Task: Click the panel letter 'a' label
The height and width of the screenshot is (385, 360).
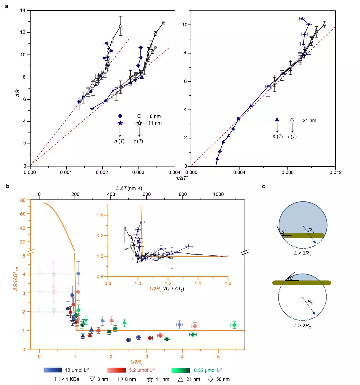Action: pyautogui.click(x=7, y=6)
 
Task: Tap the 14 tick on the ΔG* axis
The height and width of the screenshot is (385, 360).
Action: pyautogui.click(x=23, y=10)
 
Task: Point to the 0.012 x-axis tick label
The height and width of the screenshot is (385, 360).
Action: pyautogui.click(x=335, y=172)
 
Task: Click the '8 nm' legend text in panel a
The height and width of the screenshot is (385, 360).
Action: pyautogui.click(x=155, y=116)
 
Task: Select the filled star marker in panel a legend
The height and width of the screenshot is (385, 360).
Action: pyautogui.click(x=120, y=123)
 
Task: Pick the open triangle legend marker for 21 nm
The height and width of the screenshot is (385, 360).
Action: pyautogui.click(x=292, y=120)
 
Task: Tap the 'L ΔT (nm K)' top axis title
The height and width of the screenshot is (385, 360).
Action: pyautogui.click(x=129, y=188)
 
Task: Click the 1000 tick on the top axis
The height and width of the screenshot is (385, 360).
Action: pyautogui.click(x=218, y=194)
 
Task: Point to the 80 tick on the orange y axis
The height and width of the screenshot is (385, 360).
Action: pyautogui.click(x=23, y=200)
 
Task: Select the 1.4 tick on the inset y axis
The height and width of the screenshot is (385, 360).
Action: pyautogui.click(x=100, y=215)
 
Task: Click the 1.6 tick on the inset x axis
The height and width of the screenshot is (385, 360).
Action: pyautogui.click(x=228, y=283)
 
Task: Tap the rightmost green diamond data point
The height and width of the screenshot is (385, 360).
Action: pyautogui.click(x=234, y=325)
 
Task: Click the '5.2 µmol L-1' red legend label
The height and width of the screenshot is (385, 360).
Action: pyautogui.click(x=142, y=370)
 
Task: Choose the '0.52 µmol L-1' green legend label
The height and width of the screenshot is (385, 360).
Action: pyautogui.click(x=208, y=370)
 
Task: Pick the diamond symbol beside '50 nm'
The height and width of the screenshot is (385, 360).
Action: pyautogui.click(x=210, y=379)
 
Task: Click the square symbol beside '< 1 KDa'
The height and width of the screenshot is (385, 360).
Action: pyautogui.click(x=57, y=379)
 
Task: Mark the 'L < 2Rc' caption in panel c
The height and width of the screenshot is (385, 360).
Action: pyautogui.click(x=302, y=254)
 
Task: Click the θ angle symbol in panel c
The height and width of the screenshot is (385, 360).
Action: pyautogui.click(x=291, y=278)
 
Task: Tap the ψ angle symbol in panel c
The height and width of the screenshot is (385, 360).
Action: pyautogui.click(x=284, y=231)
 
